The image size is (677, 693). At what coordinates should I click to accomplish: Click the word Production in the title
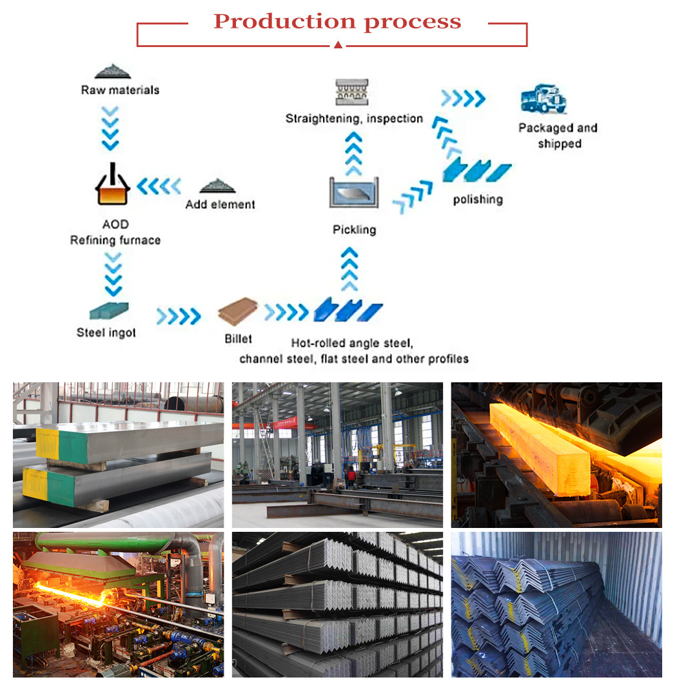pyautogui.click(x=284, y=22)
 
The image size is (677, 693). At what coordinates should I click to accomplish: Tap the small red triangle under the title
pyautogui.click(x=338, y=44)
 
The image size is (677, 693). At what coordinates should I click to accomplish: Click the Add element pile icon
pyautogui.click(x=217, y=186)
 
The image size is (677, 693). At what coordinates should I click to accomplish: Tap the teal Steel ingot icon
pyautogui.click(x=108, y=311)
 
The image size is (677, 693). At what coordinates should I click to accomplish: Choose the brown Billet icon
pyautogui.click(x=237, y=311)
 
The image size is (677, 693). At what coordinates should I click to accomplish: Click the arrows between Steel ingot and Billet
pyautogui.click(x=179, y=316)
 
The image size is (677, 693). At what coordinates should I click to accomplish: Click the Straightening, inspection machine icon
pyautogui.click(x=352, y=92)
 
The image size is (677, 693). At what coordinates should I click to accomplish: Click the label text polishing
pyautogui.click(x=477, y=199)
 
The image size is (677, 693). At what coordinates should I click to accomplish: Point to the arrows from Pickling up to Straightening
pyautogui.click(x=353, y=153)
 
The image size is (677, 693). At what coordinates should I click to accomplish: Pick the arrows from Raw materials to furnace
pyautogui.click(x=111, y=127)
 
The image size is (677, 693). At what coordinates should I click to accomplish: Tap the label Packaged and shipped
pyautogui.click(x=558, y=135)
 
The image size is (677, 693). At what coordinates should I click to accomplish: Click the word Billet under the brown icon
pyautogui.click(x=238, y=338)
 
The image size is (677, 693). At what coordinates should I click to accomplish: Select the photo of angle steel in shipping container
pyautogui.click(x=556, y=604)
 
